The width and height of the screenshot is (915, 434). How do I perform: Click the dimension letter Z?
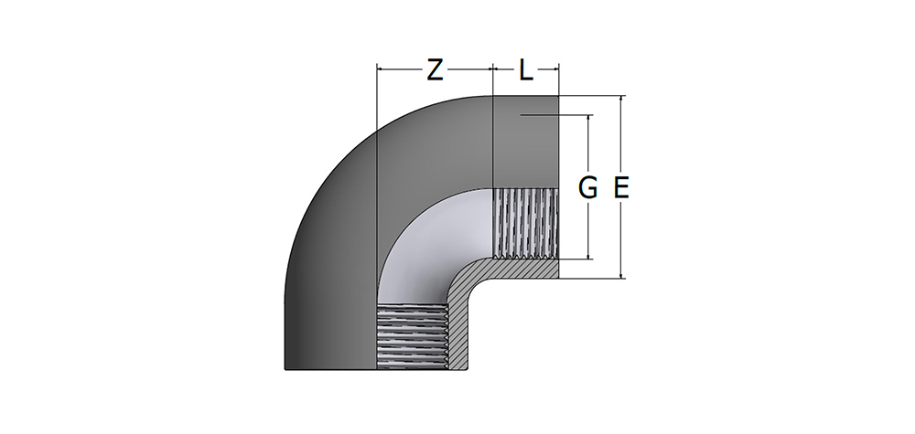(434, 70)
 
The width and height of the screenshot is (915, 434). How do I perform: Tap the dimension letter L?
(526, 70)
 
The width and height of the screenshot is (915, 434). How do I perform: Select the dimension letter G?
(587, 188)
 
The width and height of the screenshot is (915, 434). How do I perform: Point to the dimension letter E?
(621, 188)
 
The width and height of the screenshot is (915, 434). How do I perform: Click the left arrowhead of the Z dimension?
(381, 69)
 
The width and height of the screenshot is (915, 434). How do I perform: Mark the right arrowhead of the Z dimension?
(490, 69)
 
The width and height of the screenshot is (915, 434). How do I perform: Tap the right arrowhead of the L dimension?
(555, 69)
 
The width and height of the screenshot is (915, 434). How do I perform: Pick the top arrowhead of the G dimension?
(589, 118)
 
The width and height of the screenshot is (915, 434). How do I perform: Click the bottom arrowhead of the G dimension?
(589, 255)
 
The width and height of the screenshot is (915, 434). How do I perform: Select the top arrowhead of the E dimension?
(622, 99)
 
